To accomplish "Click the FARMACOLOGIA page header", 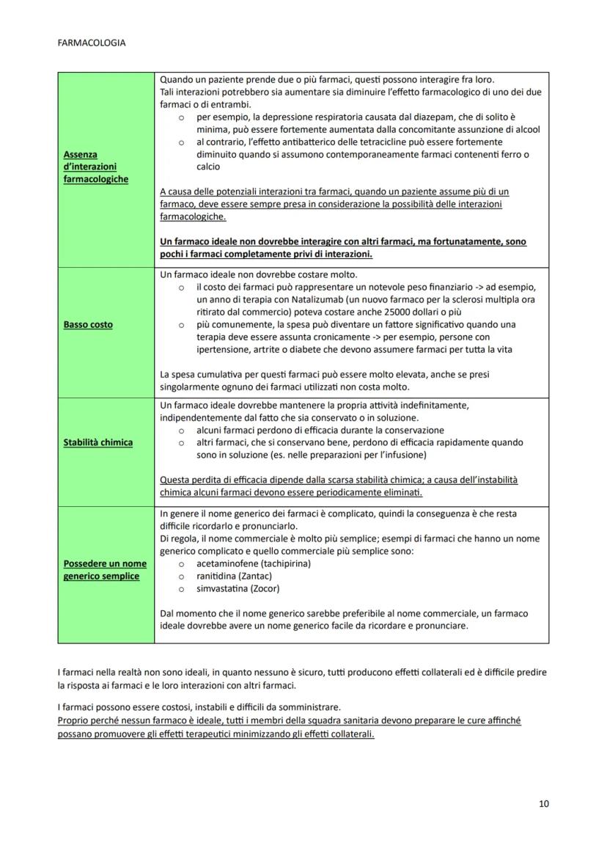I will [x=91, y=43].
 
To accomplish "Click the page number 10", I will [x=543, y=803].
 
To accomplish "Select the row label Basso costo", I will [x=88, y=324].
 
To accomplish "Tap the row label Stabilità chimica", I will [x=98, y=442].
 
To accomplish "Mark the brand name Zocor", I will [x=265, y=588].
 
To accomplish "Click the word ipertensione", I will [x=223, y=349].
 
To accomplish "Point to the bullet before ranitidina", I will [x=180, y=577].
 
